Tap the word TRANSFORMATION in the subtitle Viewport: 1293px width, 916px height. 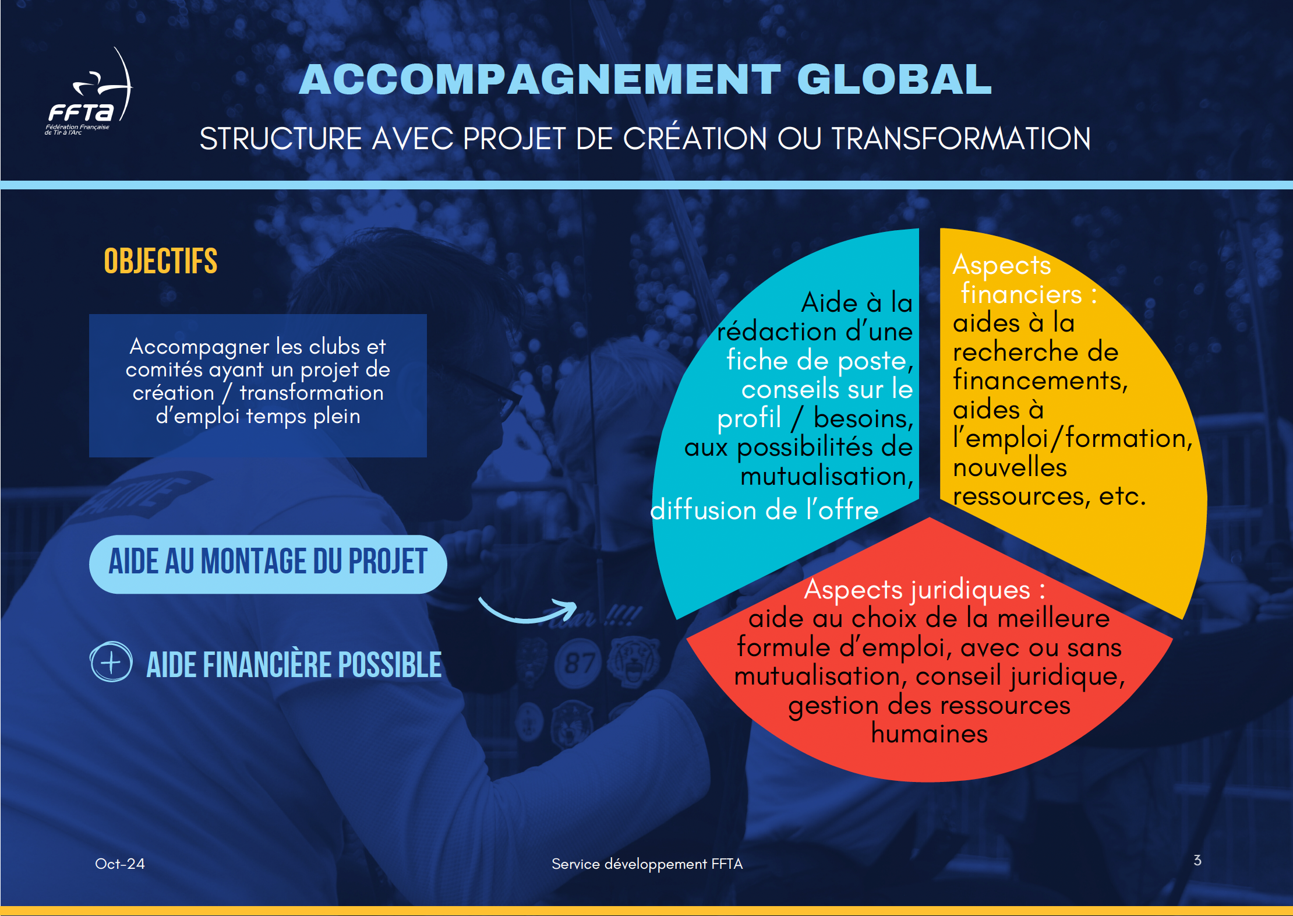coord(961,139)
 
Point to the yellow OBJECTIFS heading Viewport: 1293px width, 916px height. coord(161,260)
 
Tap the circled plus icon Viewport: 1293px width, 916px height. coord(111,662)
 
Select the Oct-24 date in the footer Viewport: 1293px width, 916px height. coord(120,864)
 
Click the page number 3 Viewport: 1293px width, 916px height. coord(1197,861)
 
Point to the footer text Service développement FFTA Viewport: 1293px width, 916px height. coord(647,864)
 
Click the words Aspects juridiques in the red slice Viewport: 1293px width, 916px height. coord(917,590)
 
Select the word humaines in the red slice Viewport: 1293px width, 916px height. coord(930,734)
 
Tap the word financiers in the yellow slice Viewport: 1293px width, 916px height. coord(1022,294)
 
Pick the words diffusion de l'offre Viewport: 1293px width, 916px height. coord(764,510)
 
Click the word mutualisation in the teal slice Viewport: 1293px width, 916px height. coord(824,476)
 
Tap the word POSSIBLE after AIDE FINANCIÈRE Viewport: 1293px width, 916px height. coord(390,665)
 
